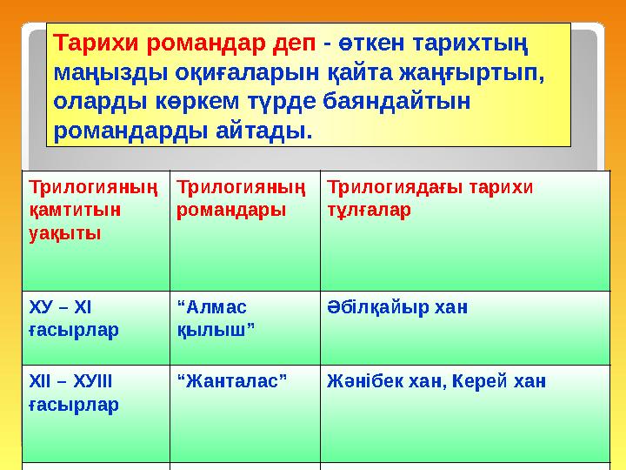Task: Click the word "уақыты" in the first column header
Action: tap(65, 233)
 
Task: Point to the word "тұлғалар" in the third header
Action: tap(363, 210)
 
